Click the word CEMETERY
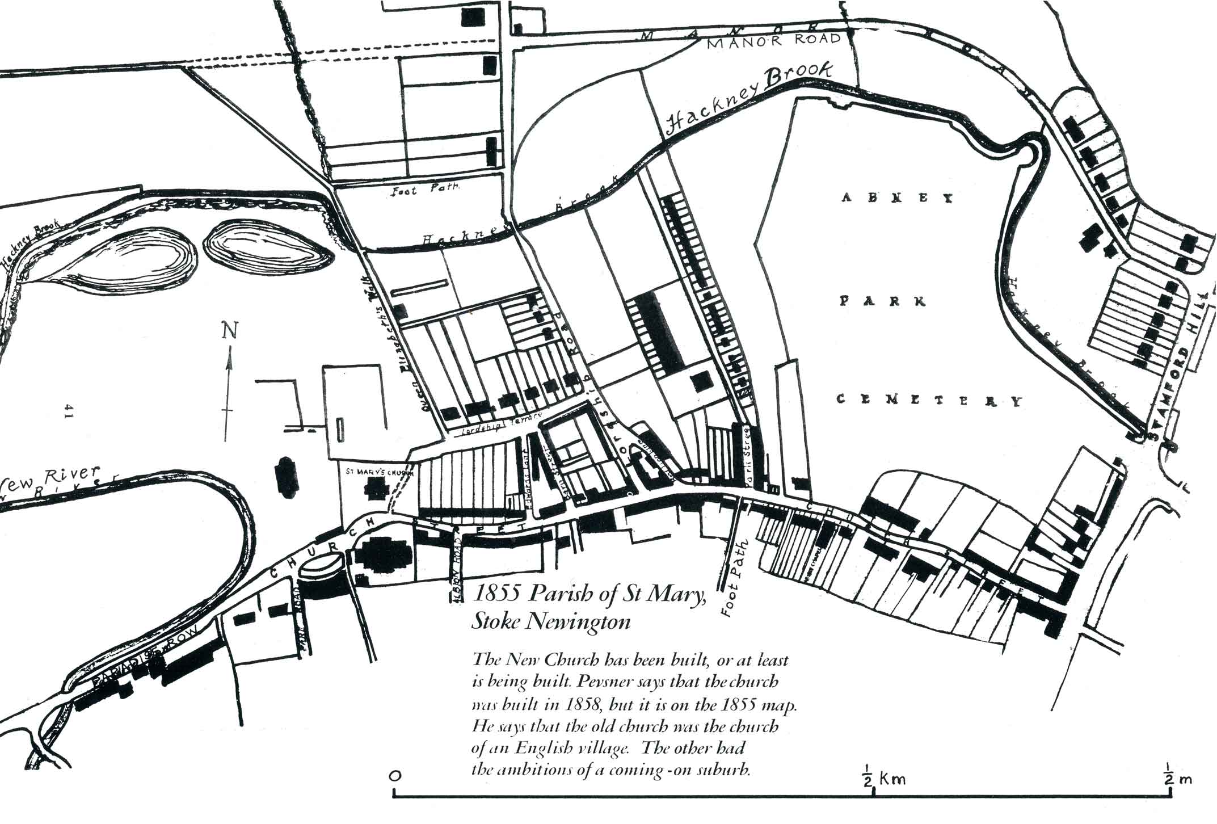coord(930,401)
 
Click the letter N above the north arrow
coord(230,330)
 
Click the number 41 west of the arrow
coord(69,411)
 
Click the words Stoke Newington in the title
coord(551,623)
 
